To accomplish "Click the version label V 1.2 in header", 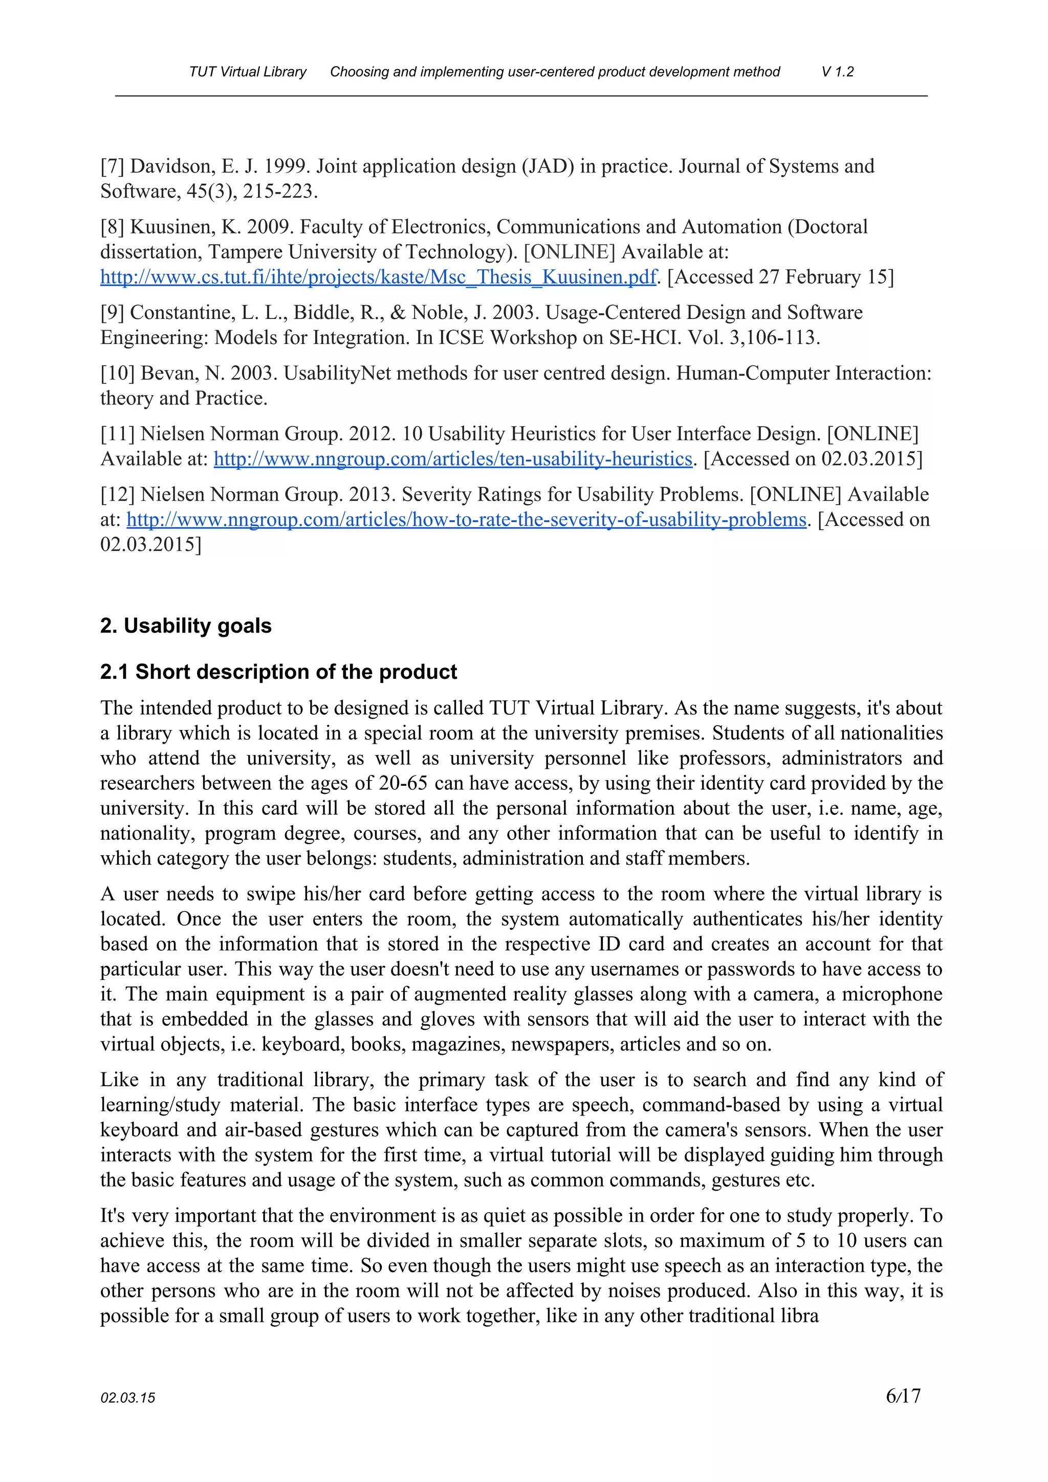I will point(837,72).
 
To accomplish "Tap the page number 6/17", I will point(903,1395).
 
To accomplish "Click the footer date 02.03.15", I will point(128,1398).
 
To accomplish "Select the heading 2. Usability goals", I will point(186,626).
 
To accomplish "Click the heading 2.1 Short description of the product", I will point(278,672).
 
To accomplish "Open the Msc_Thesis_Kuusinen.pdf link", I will point(378,277).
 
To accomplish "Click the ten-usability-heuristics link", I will point(452,459).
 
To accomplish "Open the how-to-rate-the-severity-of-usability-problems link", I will point(467,520).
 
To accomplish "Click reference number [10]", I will point(118,374).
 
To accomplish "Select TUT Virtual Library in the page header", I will point(247,72).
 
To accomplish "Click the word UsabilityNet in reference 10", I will point(337,374).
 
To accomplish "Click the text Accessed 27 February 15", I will point(780,277).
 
